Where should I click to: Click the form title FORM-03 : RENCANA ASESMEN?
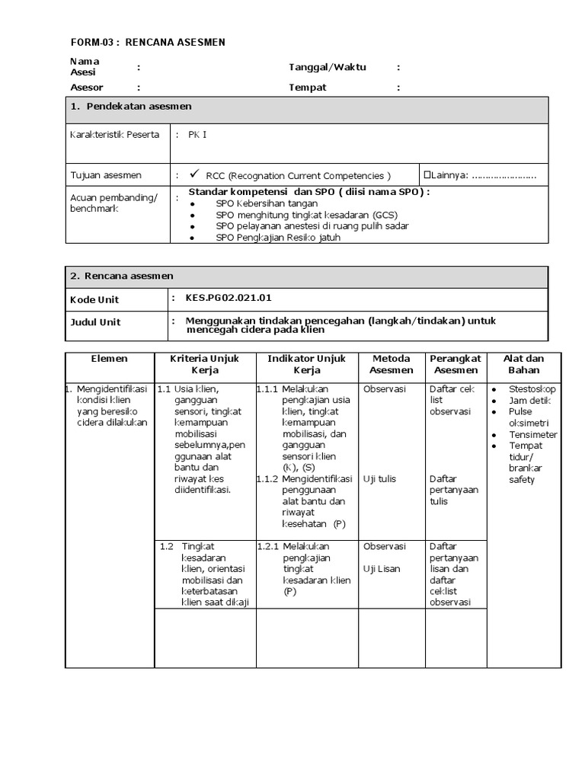pyautogui.click(x=148, y=42)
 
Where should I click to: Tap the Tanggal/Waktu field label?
pyautogui.click(x=327, y=67)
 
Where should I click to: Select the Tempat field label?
pyautogui.click(x=307, y=88)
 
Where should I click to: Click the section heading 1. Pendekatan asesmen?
pyautogui.click(x=130, y=107)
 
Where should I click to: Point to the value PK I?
pyautogui.click(x=197, y=135)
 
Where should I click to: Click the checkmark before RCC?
pyautogui.click(x=195, y=174)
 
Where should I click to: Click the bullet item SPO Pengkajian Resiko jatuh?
pyautogui.click(x=277, y=237)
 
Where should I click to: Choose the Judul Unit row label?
pyautogui.click(x=95, y=322)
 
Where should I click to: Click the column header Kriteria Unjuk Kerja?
pyautogui.click(x=204, y=364)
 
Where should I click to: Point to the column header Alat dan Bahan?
pyautogui.click(x=523, y=364)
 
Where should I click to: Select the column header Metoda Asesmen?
pyautogui.click(x=391, y=364)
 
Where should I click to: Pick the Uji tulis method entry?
pyautogui.click(x=380, y=479)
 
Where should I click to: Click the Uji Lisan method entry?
pyautogui.click(x=382, y=569)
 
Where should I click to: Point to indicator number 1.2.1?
pyautogui.click(x=268, y=547)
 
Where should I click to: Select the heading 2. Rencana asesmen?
pyautogui.click(x=122, y=277)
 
